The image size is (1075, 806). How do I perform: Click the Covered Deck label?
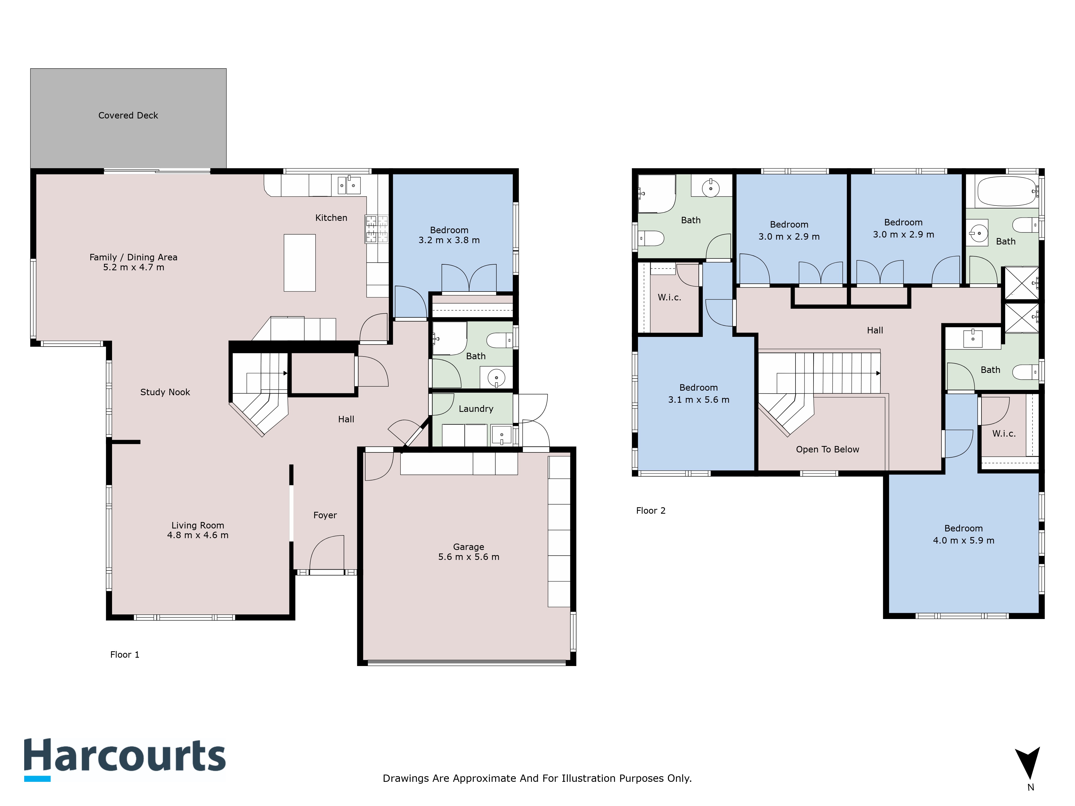click(128, 116)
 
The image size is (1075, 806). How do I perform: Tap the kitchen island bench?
click(299, 263)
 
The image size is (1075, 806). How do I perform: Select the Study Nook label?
click(165, 392)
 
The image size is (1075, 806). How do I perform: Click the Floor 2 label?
click(651, 511)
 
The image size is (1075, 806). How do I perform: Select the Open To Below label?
click(828, 449)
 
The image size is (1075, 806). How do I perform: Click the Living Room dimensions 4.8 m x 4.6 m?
click(198, 535)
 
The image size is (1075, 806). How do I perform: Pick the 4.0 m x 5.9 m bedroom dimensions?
click(964, 540)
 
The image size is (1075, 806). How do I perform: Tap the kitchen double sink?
click(349, 185)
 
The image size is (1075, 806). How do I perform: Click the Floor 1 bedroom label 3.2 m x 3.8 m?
click(449, 235)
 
